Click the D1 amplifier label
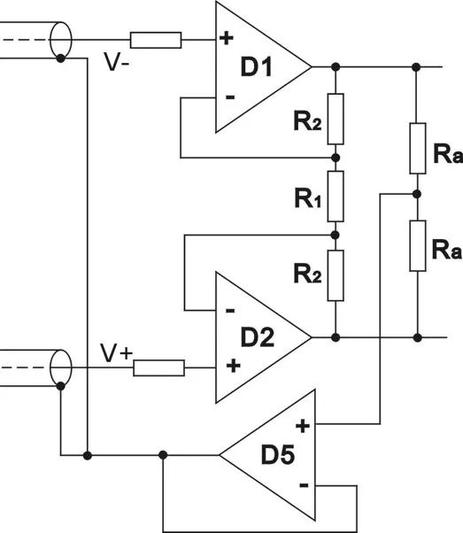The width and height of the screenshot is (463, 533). click(x=257, y=66)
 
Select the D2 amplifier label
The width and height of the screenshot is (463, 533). click(x=257, y=337)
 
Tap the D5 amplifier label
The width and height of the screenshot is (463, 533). click(x=278, y=454)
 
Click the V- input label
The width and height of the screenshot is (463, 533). click(x=117, y=62)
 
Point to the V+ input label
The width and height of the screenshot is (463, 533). click(x=116, y=353)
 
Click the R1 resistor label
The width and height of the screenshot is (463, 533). click(x=308, y=198)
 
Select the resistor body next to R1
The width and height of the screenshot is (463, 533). click(x=336, y=197)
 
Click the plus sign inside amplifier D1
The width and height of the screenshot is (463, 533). click(x=227, y=38)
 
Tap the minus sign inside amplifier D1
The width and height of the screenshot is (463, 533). click(x=230, y=98)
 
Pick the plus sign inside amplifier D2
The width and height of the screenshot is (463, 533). click(x=233, y=366)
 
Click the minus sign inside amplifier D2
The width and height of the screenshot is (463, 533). click(x=230, y=311)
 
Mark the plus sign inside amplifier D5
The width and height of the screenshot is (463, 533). click(x=303, y=426)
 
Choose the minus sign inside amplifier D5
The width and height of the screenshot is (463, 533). click(x=304, y=485)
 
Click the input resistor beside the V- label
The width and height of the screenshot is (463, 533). click(x=156, y=40)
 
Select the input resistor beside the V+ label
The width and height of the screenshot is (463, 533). click(x=158, y=367)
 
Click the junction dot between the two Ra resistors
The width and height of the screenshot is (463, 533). click(x=417, y=194)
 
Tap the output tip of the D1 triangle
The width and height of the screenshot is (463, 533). click(x=311, y=67)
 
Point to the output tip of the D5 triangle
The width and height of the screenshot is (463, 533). click(x=220, y=455)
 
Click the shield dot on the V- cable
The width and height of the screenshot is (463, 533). click(x=60, y=58)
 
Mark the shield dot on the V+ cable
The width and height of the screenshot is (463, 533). click(x=60, y=386)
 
